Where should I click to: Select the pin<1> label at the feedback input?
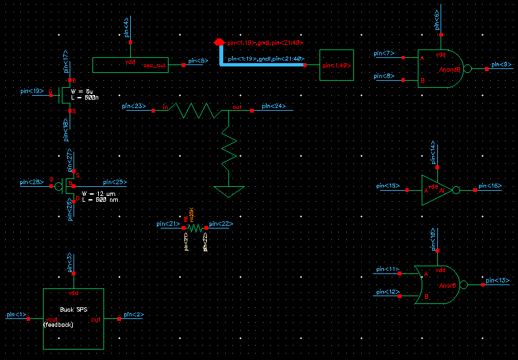16,314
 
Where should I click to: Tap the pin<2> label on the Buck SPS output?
134,314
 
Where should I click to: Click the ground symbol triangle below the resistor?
229,191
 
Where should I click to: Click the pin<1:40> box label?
336,65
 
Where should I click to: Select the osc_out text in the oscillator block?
155,66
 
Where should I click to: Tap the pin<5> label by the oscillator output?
198,61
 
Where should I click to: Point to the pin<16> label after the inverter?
490,186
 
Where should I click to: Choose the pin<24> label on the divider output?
273,105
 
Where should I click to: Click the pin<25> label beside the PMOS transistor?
115,182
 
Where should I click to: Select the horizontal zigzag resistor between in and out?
193,111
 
